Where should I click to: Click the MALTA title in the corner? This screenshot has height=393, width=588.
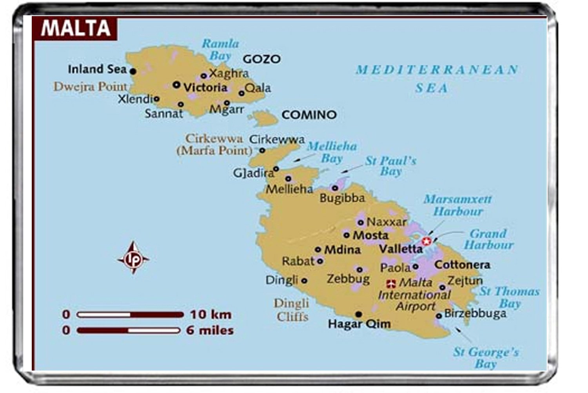click(x=76, y=28)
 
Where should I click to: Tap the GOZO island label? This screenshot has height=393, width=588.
click(x=261, y=59)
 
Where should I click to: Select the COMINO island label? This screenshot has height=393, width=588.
click(x=309, y=115)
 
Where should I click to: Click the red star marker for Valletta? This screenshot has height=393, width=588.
click(x=426, y=241)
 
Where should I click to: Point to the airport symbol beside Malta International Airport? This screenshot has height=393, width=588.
click(x=391, y=283)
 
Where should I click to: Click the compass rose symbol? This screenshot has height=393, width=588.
click(x=133, y=258)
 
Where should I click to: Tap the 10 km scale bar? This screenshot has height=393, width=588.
click(x=130, y=315)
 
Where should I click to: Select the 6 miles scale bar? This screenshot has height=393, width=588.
click(x=129, y=330)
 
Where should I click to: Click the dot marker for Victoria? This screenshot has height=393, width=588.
click(x=177, y=84)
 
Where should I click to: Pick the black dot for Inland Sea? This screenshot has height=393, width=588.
click(x=133, y=71)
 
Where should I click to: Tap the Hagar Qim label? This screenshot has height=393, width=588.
click(x=359, y=324)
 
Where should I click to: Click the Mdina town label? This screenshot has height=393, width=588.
click(x=342, y=249)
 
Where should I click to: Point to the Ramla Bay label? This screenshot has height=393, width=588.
click(x=220, y=49)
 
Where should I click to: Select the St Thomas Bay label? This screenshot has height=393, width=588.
click(x=510, y=297)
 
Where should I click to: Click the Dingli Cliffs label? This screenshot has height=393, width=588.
click(x=292, y=310)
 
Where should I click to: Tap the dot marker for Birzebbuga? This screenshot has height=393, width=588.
click(x=439, y=316)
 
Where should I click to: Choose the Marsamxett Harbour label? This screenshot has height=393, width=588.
click(x=457, y=205)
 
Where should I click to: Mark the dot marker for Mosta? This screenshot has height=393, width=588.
click(x=347, y=235)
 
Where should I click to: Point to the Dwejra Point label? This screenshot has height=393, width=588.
click(x=90, y=87)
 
